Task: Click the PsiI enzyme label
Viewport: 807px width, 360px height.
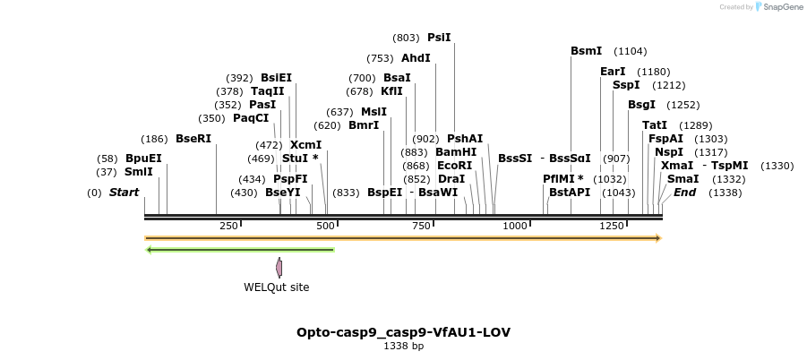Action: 439,38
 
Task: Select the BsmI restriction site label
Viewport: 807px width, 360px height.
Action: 586,51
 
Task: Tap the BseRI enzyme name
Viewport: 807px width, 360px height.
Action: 193,139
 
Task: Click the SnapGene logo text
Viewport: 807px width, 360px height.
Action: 778,7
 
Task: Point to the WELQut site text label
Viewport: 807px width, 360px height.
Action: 276,287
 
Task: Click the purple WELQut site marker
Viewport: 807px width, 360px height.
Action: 279,267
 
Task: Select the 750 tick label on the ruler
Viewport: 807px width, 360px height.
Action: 421,226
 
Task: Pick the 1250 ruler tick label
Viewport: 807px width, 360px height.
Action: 613,226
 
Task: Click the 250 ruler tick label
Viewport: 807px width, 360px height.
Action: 228,226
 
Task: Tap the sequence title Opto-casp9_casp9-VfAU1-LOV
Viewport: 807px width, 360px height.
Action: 403,332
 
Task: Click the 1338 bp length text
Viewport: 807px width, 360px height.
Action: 403,346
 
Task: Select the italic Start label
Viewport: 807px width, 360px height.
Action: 124,193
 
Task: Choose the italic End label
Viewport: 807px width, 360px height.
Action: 685,193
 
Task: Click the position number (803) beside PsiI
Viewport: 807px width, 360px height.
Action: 406,38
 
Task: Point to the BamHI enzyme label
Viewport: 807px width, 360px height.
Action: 456,152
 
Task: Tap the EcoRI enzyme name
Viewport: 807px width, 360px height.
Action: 455,166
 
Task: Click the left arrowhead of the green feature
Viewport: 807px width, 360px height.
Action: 149,250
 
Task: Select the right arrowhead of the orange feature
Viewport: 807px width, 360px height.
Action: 658,238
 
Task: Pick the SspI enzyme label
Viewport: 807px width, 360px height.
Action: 626,85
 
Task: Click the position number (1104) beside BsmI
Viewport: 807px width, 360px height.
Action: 631,51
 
